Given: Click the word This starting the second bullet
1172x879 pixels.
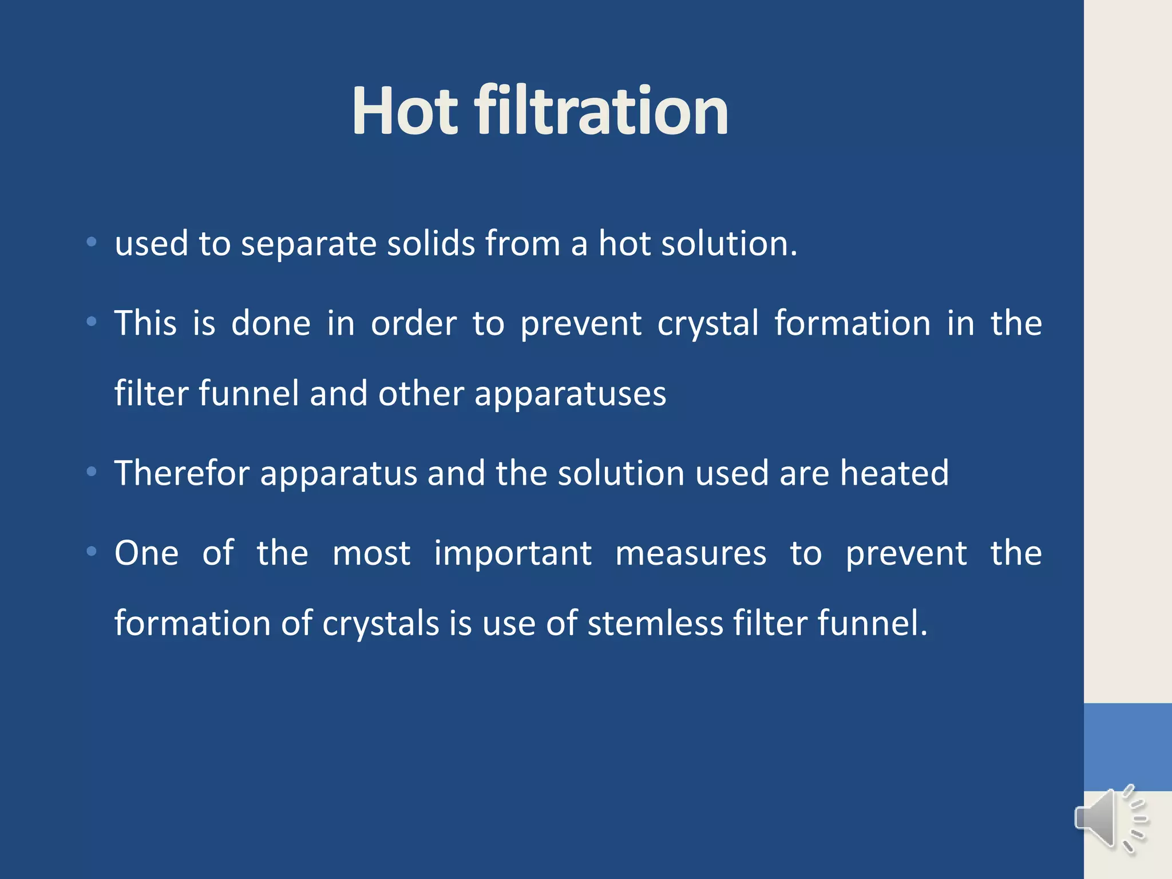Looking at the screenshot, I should click(x=145, y=323).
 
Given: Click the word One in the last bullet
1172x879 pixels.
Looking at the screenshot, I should click(x=146, y=553).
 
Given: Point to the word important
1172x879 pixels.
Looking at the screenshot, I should click(x=513, y=555).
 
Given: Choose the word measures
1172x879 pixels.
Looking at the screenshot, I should click(x=691, y=553).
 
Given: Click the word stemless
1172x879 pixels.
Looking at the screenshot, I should click(x=655, y=623).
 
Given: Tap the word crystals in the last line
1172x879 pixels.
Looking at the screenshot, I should click(x=380, y=624).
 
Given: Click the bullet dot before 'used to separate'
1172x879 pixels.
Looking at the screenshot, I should click(x=92, y=243).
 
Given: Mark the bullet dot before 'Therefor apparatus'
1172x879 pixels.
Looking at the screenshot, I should click(x=92, y=472).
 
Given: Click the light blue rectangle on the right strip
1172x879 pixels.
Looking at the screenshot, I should click(x=1127, y=747).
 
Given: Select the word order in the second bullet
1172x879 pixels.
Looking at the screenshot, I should click(x=414, y=323).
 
